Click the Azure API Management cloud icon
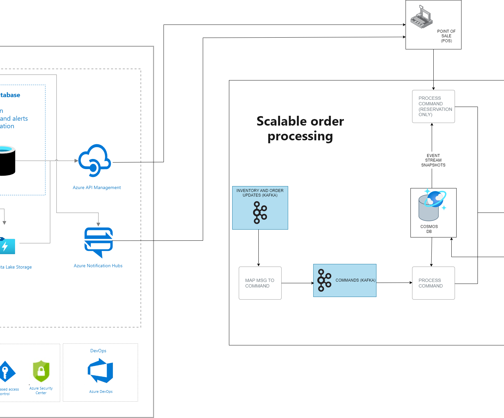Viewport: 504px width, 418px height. click(95, 161)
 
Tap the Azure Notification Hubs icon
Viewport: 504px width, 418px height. click(98, 242)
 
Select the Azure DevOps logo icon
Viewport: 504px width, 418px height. click(100, 371)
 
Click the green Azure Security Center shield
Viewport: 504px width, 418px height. click(41, 371)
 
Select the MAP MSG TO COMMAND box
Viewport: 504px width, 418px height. click(260, 283)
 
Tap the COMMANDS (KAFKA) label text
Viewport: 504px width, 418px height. click(355, 280)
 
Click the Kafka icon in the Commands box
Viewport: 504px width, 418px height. click(324, 280)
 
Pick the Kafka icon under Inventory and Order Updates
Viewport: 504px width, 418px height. click(260, 213)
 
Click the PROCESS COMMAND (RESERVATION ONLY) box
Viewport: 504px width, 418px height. click(433, 106)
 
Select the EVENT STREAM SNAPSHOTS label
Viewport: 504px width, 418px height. click(433, 160)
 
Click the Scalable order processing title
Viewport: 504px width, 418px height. click(300, 129)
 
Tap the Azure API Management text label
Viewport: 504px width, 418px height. click(97, 187)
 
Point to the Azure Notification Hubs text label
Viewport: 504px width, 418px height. click(98, 266)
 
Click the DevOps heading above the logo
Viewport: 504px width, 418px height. click(98, 351)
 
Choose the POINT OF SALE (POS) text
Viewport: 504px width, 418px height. click(446, 36)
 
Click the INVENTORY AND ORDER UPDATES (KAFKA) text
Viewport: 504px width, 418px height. click(260, 193)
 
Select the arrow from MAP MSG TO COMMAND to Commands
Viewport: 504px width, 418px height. click(297, 283)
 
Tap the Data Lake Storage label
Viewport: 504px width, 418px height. click(16, 267)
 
